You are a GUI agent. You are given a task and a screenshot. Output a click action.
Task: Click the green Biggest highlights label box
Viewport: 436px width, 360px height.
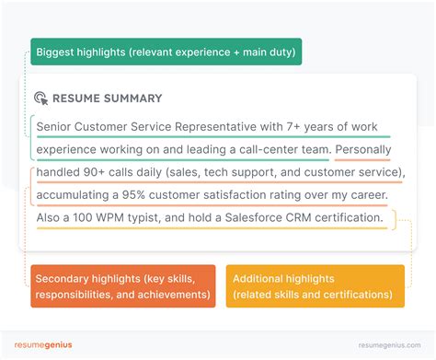[166, 52]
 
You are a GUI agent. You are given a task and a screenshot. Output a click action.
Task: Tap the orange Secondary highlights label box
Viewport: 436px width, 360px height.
[123, 285]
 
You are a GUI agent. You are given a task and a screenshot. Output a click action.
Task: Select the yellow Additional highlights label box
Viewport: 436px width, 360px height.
[314, 285]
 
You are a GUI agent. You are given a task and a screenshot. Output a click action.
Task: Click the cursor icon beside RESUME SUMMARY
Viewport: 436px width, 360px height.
[40, 99]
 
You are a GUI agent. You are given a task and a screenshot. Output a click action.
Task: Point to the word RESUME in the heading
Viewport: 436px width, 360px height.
[78, 99]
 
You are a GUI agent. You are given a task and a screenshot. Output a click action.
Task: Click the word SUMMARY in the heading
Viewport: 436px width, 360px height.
[134, 99]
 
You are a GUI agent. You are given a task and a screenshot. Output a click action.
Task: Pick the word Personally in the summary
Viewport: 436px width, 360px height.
[367, 149]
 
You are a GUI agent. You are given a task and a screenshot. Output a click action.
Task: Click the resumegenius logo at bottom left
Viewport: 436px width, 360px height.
[43, 345]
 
